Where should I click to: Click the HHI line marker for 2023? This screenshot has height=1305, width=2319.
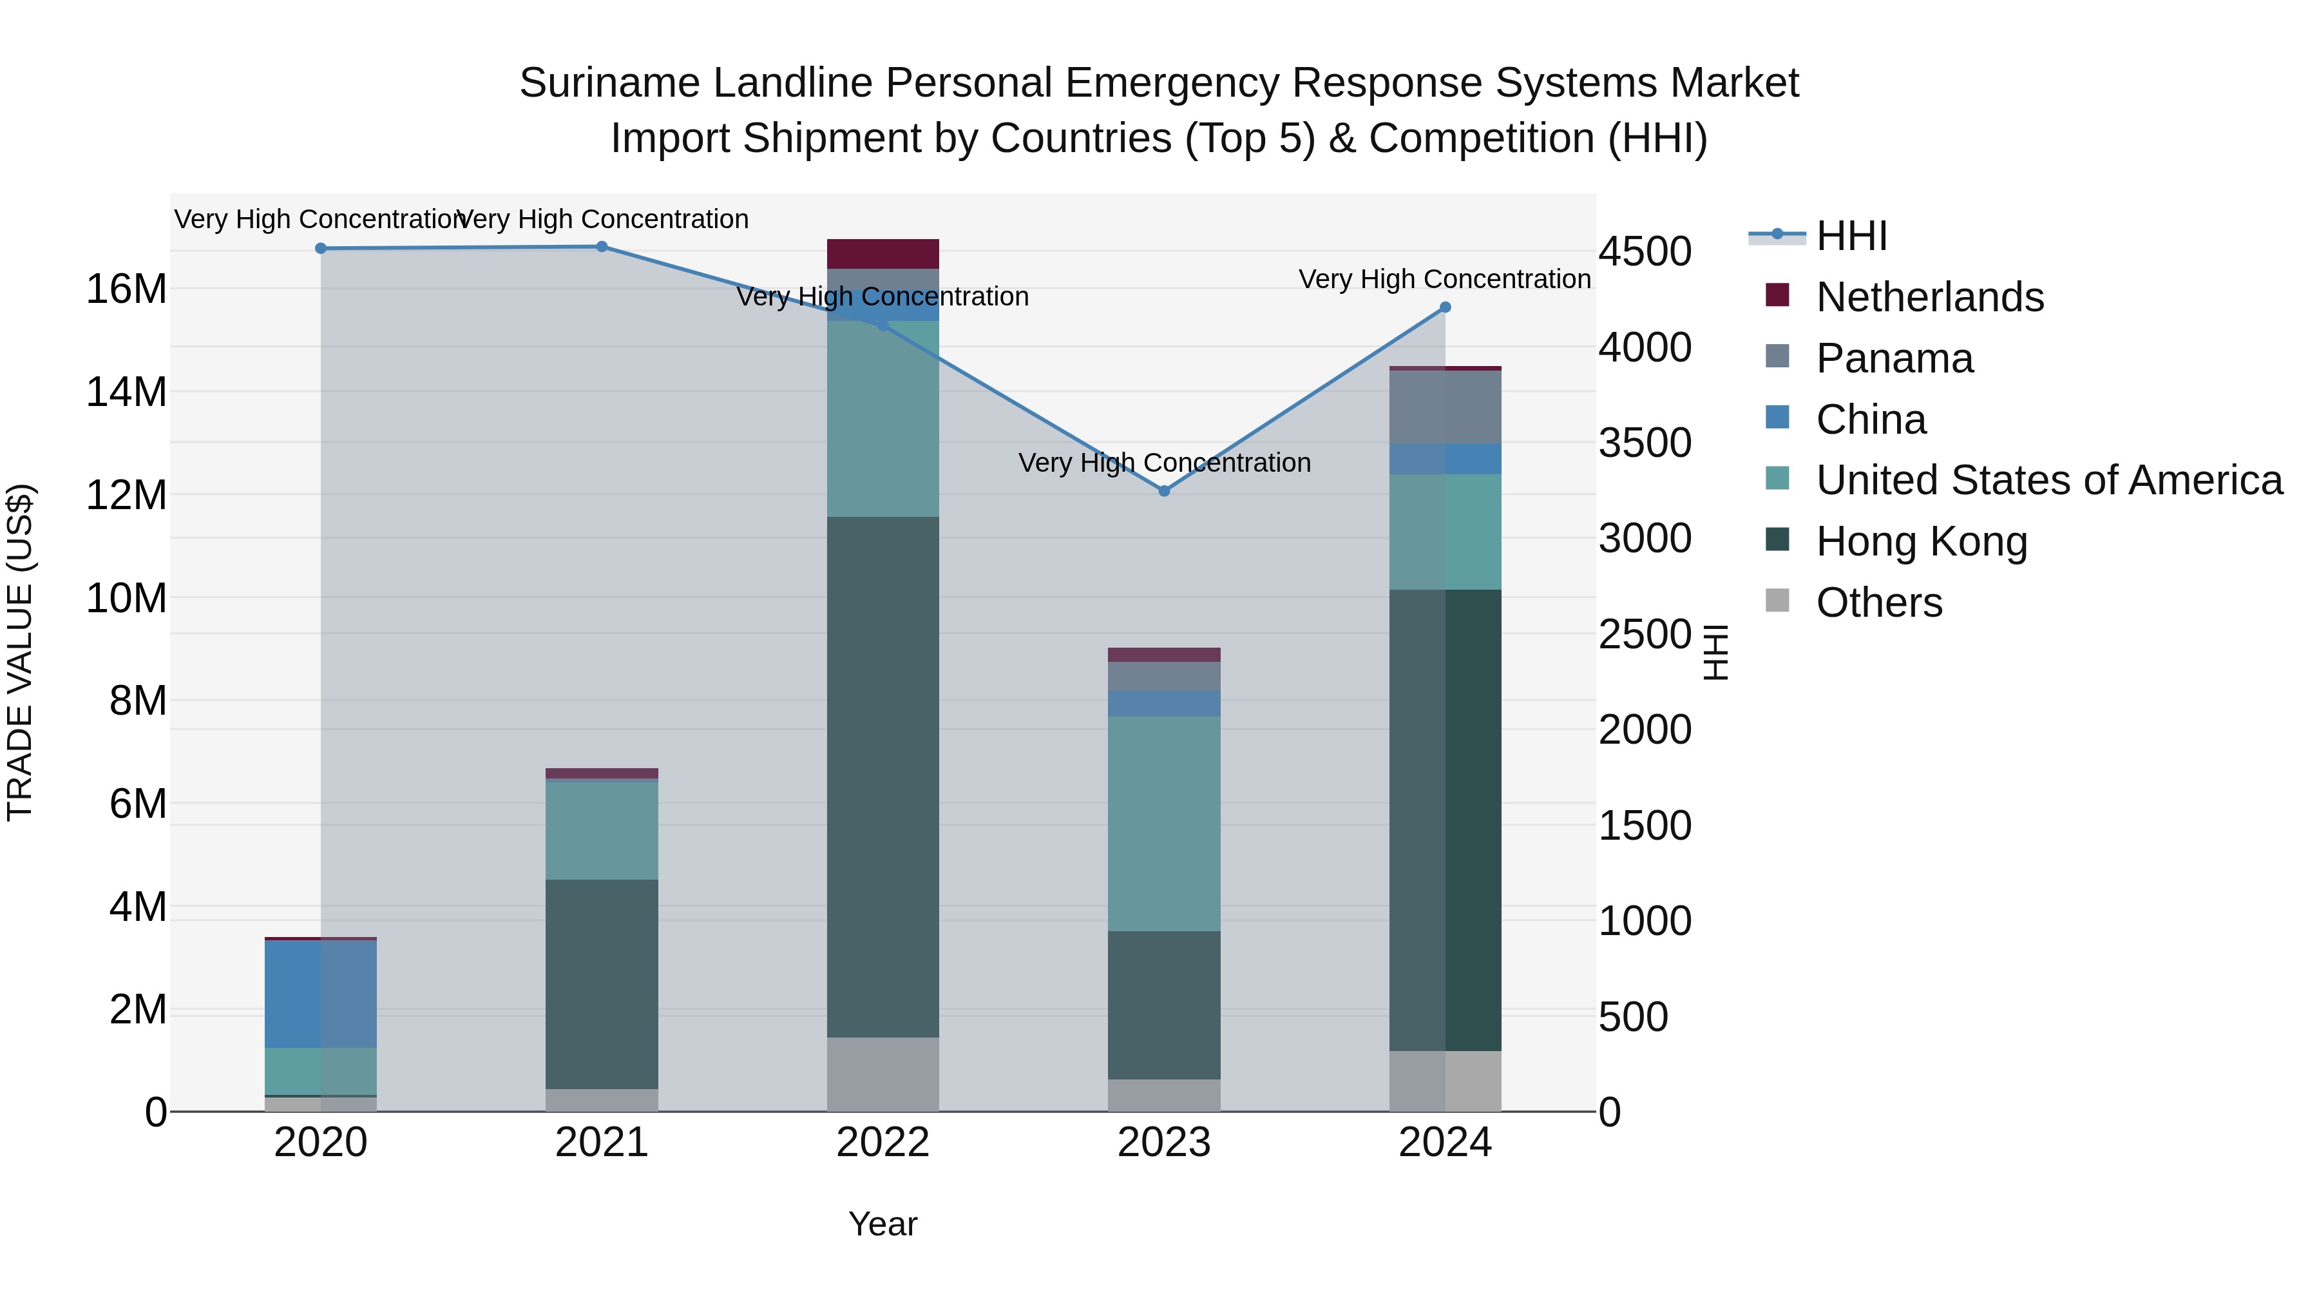[x=1164, y=491]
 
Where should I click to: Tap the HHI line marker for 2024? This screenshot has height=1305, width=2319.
[x=1445, y=307]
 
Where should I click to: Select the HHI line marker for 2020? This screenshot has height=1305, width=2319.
[x=321, y=249]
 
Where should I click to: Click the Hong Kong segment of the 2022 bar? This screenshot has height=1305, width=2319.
[x=883, y=777]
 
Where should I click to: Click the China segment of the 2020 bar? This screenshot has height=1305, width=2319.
[x=321, y=993]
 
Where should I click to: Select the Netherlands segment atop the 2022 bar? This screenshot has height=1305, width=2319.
[x=883, y=254]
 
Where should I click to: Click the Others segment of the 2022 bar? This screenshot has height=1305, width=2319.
[x=883, y=1074]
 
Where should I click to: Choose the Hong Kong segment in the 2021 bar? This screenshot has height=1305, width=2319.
[x=602, y=983]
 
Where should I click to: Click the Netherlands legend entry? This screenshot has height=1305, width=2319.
[x=1929, y=297]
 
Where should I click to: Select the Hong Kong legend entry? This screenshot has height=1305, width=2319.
[x=1921, y=541]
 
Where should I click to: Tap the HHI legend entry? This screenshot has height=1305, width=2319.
[x=1851, y=236]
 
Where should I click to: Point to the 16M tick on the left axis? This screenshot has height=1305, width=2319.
[x=126, y=289]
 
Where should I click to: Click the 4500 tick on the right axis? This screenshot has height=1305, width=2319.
[x=1645, y=251]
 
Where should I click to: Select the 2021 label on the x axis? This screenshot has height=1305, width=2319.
[x=602, y=1143]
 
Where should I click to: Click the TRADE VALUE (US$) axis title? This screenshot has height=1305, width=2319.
[x=20, y=652]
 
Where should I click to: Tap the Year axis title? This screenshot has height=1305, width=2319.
[x=883, y=1224]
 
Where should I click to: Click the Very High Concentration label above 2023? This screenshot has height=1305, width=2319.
[x=1164, y=463]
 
